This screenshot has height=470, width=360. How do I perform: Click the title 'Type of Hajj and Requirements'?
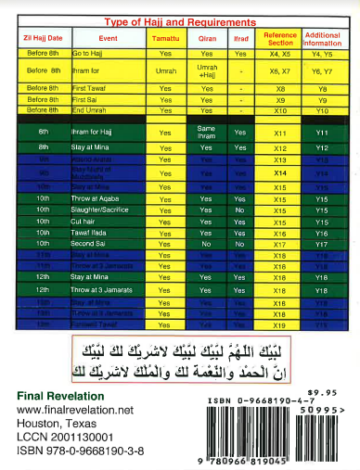180,20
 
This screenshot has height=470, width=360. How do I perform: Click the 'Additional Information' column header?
321,39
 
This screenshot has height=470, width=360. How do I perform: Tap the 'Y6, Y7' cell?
321,70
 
